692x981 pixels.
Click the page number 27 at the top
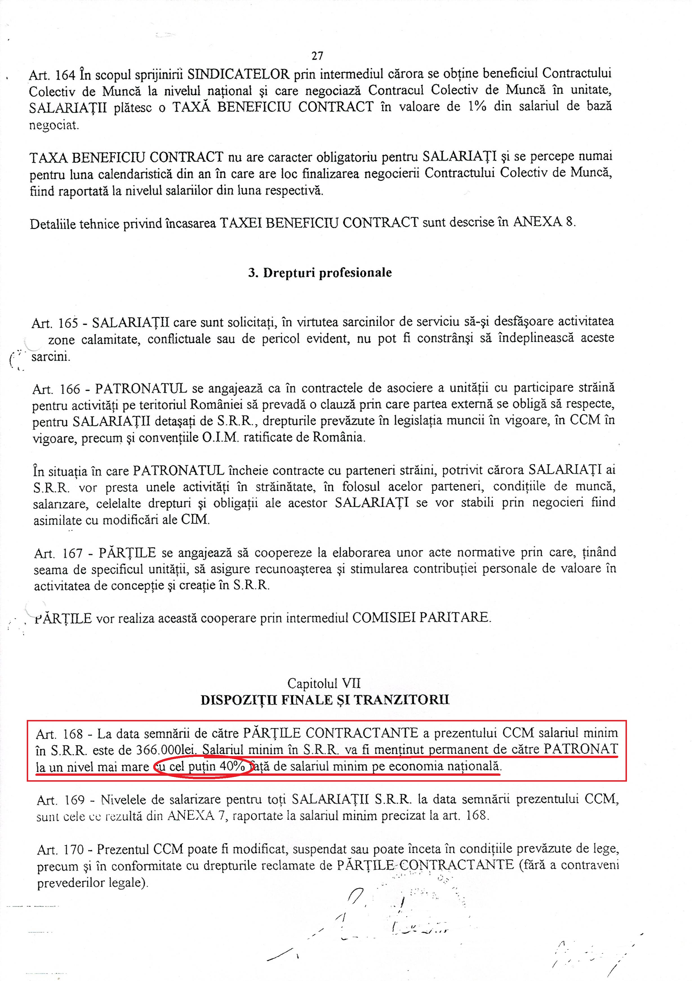317,56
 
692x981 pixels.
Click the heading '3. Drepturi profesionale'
320,273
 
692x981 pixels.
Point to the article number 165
68,323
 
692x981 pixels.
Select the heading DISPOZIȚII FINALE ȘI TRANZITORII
325,700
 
